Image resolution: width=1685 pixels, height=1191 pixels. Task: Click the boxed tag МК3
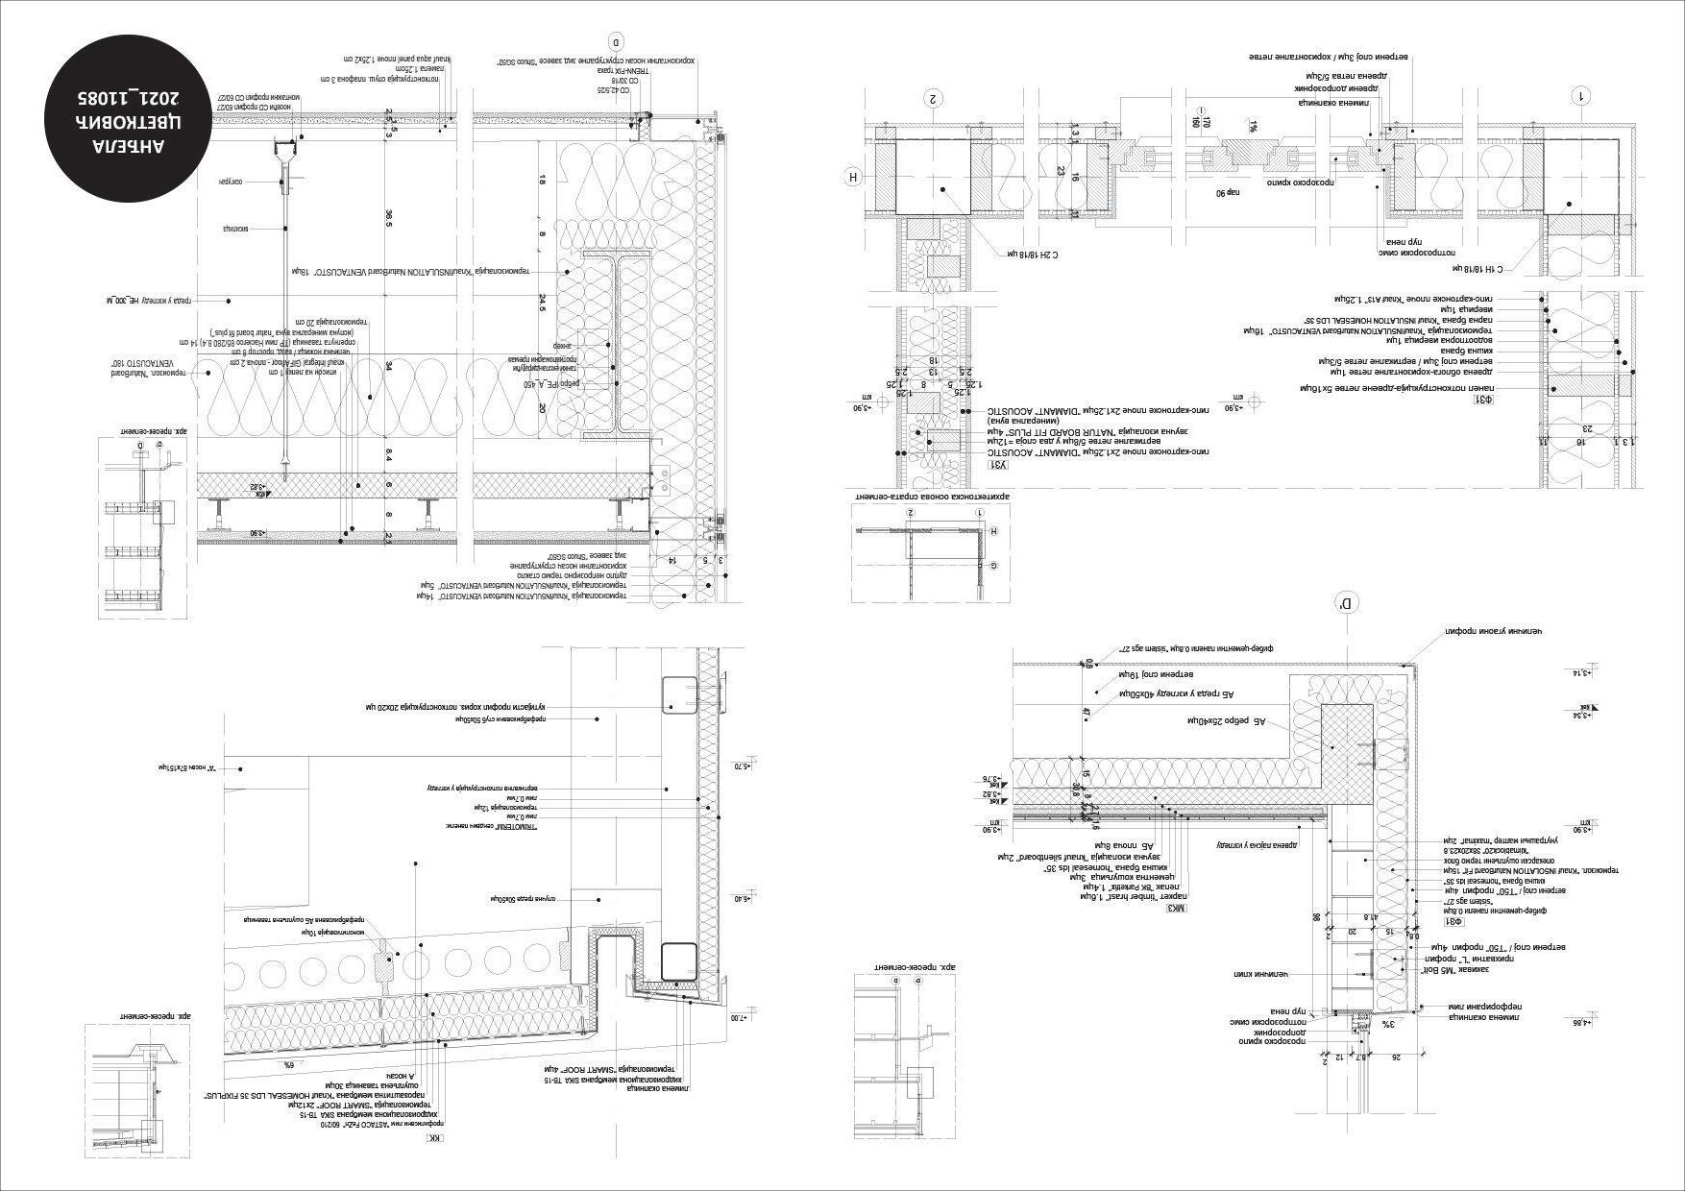(x=1178, y=906)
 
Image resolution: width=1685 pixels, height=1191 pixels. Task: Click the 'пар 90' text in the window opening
(x=1230, y=193)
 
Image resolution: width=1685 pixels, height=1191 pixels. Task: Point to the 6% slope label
(x=287, y=1065)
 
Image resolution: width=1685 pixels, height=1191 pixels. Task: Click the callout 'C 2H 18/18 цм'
(x=1033, y=255)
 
